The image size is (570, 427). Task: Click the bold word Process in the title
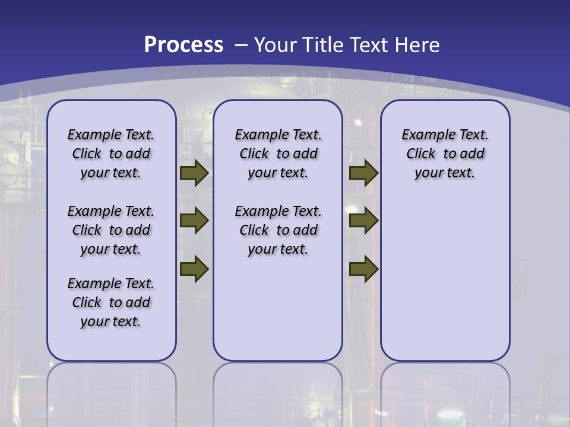pos(183,45)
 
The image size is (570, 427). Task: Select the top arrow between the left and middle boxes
pos(194,173)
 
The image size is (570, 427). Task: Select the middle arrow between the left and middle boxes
pos(194,221)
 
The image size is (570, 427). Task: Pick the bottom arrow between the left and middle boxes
pos(194,269)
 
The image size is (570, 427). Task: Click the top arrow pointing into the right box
pos(364,173)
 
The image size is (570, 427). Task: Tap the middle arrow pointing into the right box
pos(364,221)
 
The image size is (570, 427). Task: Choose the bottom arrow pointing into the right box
pos(364,269)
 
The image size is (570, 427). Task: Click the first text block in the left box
pos(111,154)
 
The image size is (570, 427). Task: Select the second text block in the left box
pos(111,230)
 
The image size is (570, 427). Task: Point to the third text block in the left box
pos(111,302)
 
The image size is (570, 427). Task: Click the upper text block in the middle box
pos(278,154)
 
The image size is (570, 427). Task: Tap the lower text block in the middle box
pos(278,230)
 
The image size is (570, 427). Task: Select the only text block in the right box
pos(445,154)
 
